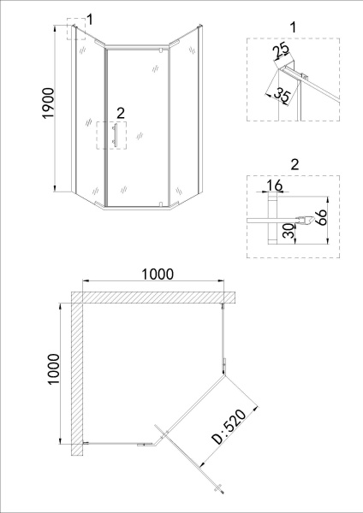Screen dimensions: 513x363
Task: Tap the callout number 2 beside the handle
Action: (120, 112)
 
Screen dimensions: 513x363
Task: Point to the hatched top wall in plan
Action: (154, 297)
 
